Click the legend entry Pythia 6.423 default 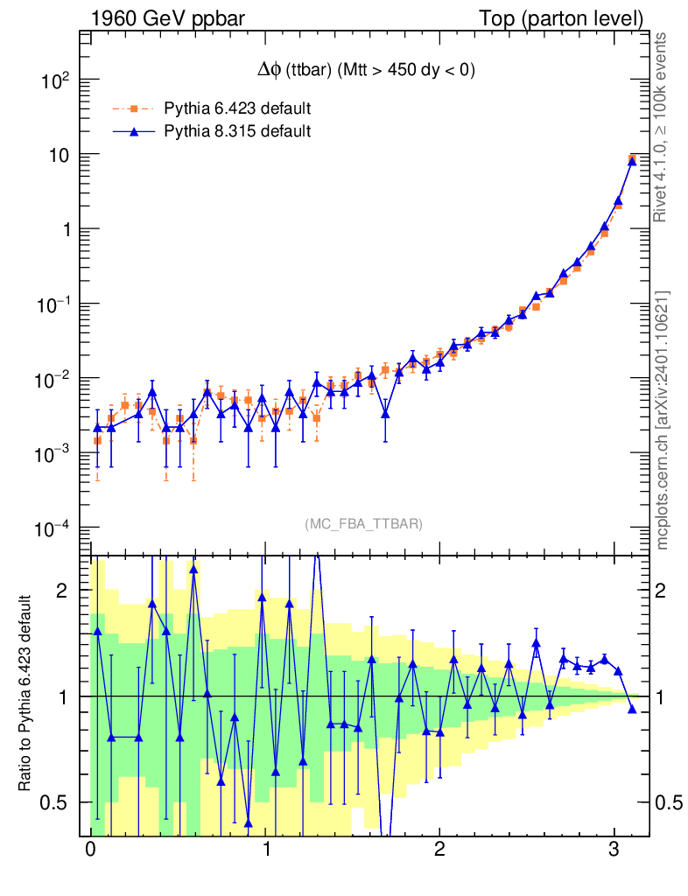click(x=237, y=108)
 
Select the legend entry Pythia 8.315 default click(x=237, y=132)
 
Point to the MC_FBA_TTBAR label click(x=364, y=524)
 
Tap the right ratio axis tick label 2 click(x=667, y=591)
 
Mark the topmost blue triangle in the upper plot click(x=632, y=159)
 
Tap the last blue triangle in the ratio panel click(x=632, y=709)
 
